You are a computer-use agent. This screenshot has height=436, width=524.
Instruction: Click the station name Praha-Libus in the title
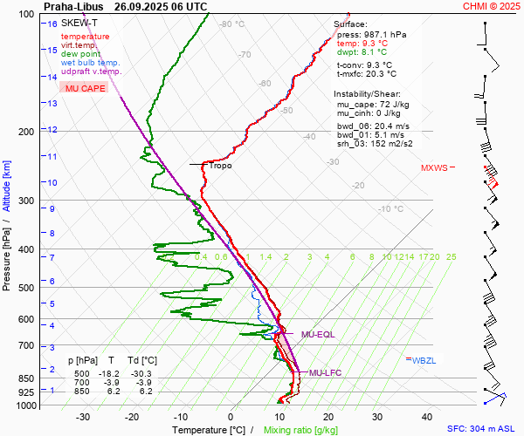72,6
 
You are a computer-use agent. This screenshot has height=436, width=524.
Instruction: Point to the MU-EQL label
318,335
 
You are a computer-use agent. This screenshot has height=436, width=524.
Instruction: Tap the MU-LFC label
318,372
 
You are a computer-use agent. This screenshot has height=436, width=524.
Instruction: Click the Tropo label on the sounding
220,165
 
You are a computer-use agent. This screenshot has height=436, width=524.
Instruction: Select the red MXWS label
433,167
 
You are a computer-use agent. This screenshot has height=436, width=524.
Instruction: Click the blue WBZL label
424,359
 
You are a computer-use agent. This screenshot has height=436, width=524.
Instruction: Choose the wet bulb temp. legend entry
91,63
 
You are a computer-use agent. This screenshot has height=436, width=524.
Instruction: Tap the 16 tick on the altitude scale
52,24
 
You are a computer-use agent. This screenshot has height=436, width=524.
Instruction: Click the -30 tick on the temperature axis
83,417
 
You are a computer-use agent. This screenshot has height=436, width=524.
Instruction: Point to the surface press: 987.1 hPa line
371,35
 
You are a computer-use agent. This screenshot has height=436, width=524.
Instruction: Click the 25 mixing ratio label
451,256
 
